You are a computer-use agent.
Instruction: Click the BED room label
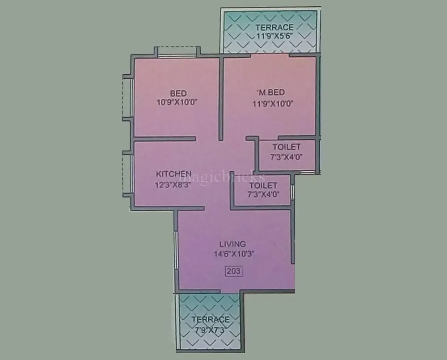[x=178, y=93]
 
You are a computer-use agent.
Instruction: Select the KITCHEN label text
[x=173, y=174]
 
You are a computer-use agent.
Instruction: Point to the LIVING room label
[x=232, y=244]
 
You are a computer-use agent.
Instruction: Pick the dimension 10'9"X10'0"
[x=177, y=102]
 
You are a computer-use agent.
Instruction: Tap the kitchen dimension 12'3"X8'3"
[x=173, y=186]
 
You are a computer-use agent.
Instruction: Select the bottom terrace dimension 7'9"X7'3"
[x=211, y=329]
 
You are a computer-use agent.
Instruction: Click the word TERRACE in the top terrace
[x=274, y=28]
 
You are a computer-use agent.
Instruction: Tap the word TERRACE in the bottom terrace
[x=211, y=319]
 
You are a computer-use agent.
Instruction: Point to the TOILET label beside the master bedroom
[x=287, y=147]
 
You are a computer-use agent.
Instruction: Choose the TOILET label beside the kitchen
[x=263, y=185]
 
